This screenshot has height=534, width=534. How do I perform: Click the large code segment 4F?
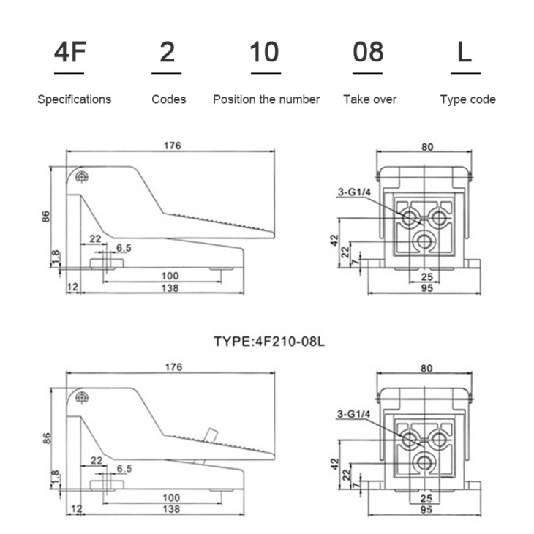coord(69,52)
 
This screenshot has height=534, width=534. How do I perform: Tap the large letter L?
coord(465,52)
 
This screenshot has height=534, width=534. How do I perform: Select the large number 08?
coord(368,52)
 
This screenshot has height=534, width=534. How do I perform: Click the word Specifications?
coord(74,99)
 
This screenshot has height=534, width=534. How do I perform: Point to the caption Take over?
coord(370,99)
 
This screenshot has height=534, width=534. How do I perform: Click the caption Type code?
coord(467,99)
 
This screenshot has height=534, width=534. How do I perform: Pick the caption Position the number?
coord(266,99)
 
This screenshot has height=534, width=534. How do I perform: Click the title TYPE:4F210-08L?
coord(269,341)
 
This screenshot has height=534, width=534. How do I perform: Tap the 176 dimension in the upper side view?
coord(173,146)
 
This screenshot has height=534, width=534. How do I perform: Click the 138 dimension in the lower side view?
coord(171,509)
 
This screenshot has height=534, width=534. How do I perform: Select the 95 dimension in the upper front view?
coord(426,288)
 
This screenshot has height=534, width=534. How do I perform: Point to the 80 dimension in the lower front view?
coord(426,369)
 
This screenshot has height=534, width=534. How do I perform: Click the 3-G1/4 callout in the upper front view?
coord(354,192)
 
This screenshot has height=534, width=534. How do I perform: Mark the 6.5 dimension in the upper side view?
coord(124,248)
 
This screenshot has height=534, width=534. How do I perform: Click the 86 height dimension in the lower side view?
coord(48,438)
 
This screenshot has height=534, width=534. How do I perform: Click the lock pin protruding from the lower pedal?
coord(211,435)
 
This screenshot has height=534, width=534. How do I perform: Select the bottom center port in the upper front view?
coord(424,241)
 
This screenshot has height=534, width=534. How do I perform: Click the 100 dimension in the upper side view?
coord(170,276)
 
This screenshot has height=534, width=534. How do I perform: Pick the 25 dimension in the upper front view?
coord(426,277)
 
